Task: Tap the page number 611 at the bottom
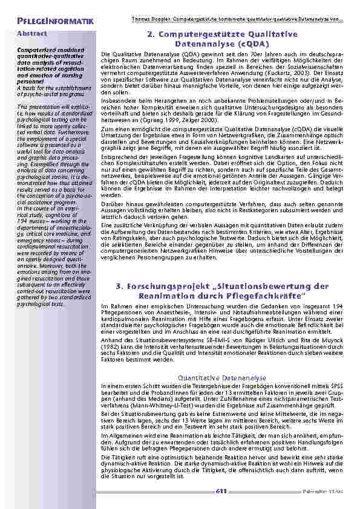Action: pos(221,491)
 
